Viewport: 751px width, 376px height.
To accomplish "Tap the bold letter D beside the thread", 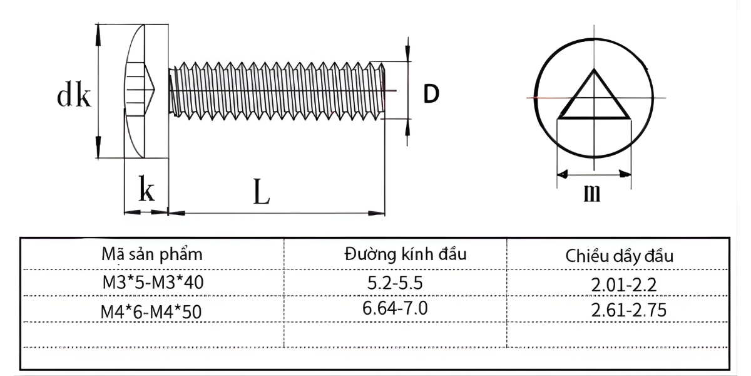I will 431,94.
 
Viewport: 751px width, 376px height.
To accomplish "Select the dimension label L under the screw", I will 261,192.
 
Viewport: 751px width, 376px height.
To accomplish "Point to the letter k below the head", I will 146,190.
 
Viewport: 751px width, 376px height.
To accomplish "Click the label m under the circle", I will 591,193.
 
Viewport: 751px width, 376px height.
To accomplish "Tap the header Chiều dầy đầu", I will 619,256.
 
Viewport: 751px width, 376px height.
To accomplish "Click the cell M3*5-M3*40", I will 153,283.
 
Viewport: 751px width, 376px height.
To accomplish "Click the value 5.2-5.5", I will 396,283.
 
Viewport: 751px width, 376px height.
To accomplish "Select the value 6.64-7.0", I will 396,308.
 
